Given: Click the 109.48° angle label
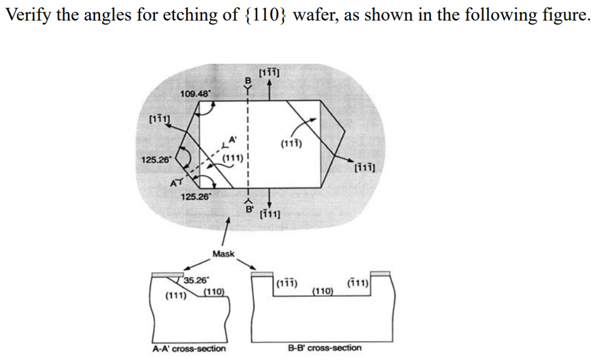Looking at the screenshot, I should (194, 93).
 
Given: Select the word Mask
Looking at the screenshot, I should (223, 254).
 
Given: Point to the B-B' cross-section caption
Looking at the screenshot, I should (324, 348).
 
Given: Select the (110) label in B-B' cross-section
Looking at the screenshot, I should (322, 291).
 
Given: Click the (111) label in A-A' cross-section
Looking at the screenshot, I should (175, 295).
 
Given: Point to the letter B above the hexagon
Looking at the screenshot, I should (248, 80).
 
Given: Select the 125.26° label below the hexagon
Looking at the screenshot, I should (194, 197).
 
